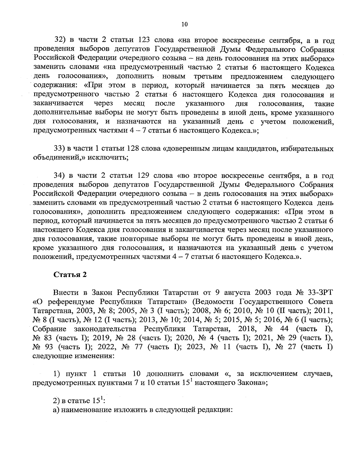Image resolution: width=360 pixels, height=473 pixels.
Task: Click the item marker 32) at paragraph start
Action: pos(59,40)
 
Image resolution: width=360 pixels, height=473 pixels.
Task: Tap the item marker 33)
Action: pos(59,149)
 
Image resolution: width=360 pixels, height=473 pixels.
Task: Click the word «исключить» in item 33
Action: pos(113,158)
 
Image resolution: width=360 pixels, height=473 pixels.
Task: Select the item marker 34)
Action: pos(59,176)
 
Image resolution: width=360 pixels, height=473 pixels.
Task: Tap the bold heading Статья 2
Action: pos(70,275)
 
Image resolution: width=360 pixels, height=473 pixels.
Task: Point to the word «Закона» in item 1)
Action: pos(246,383)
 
